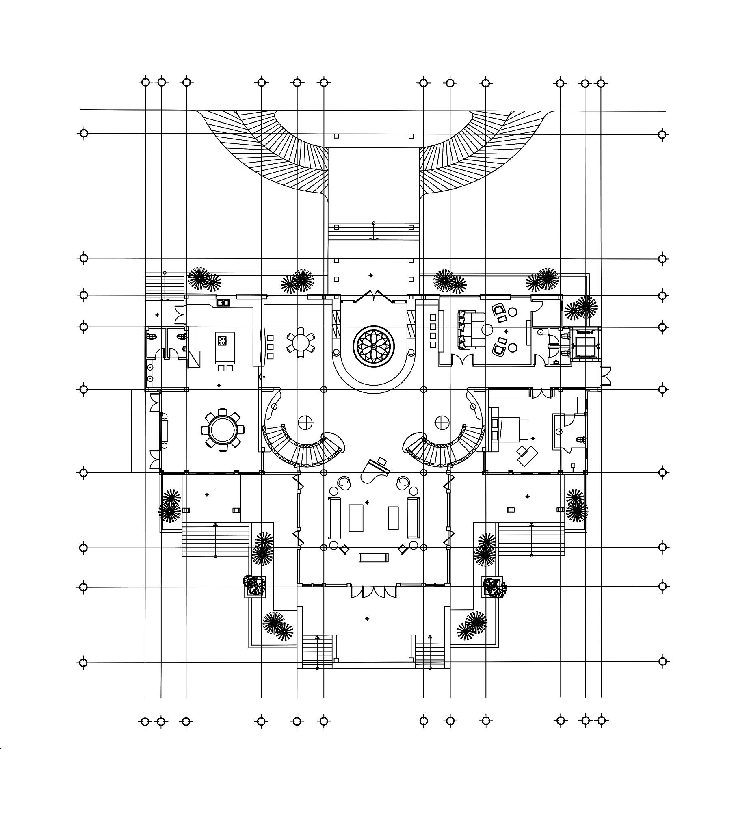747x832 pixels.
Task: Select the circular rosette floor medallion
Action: tap(374, 347)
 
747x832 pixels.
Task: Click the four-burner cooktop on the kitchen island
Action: tap(222, 340)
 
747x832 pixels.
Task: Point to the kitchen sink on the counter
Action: tap(223, 303)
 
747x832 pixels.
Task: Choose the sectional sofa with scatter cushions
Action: tap(471, 329)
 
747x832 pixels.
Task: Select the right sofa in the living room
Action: tap(414, 518)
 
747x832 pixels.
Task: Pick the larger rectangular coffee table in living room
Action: tap(356, 518)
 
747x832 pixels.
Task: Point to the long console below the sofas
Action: tap(374, 557)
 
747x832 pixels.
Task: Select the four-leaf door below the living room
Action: tap(374, 591)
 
